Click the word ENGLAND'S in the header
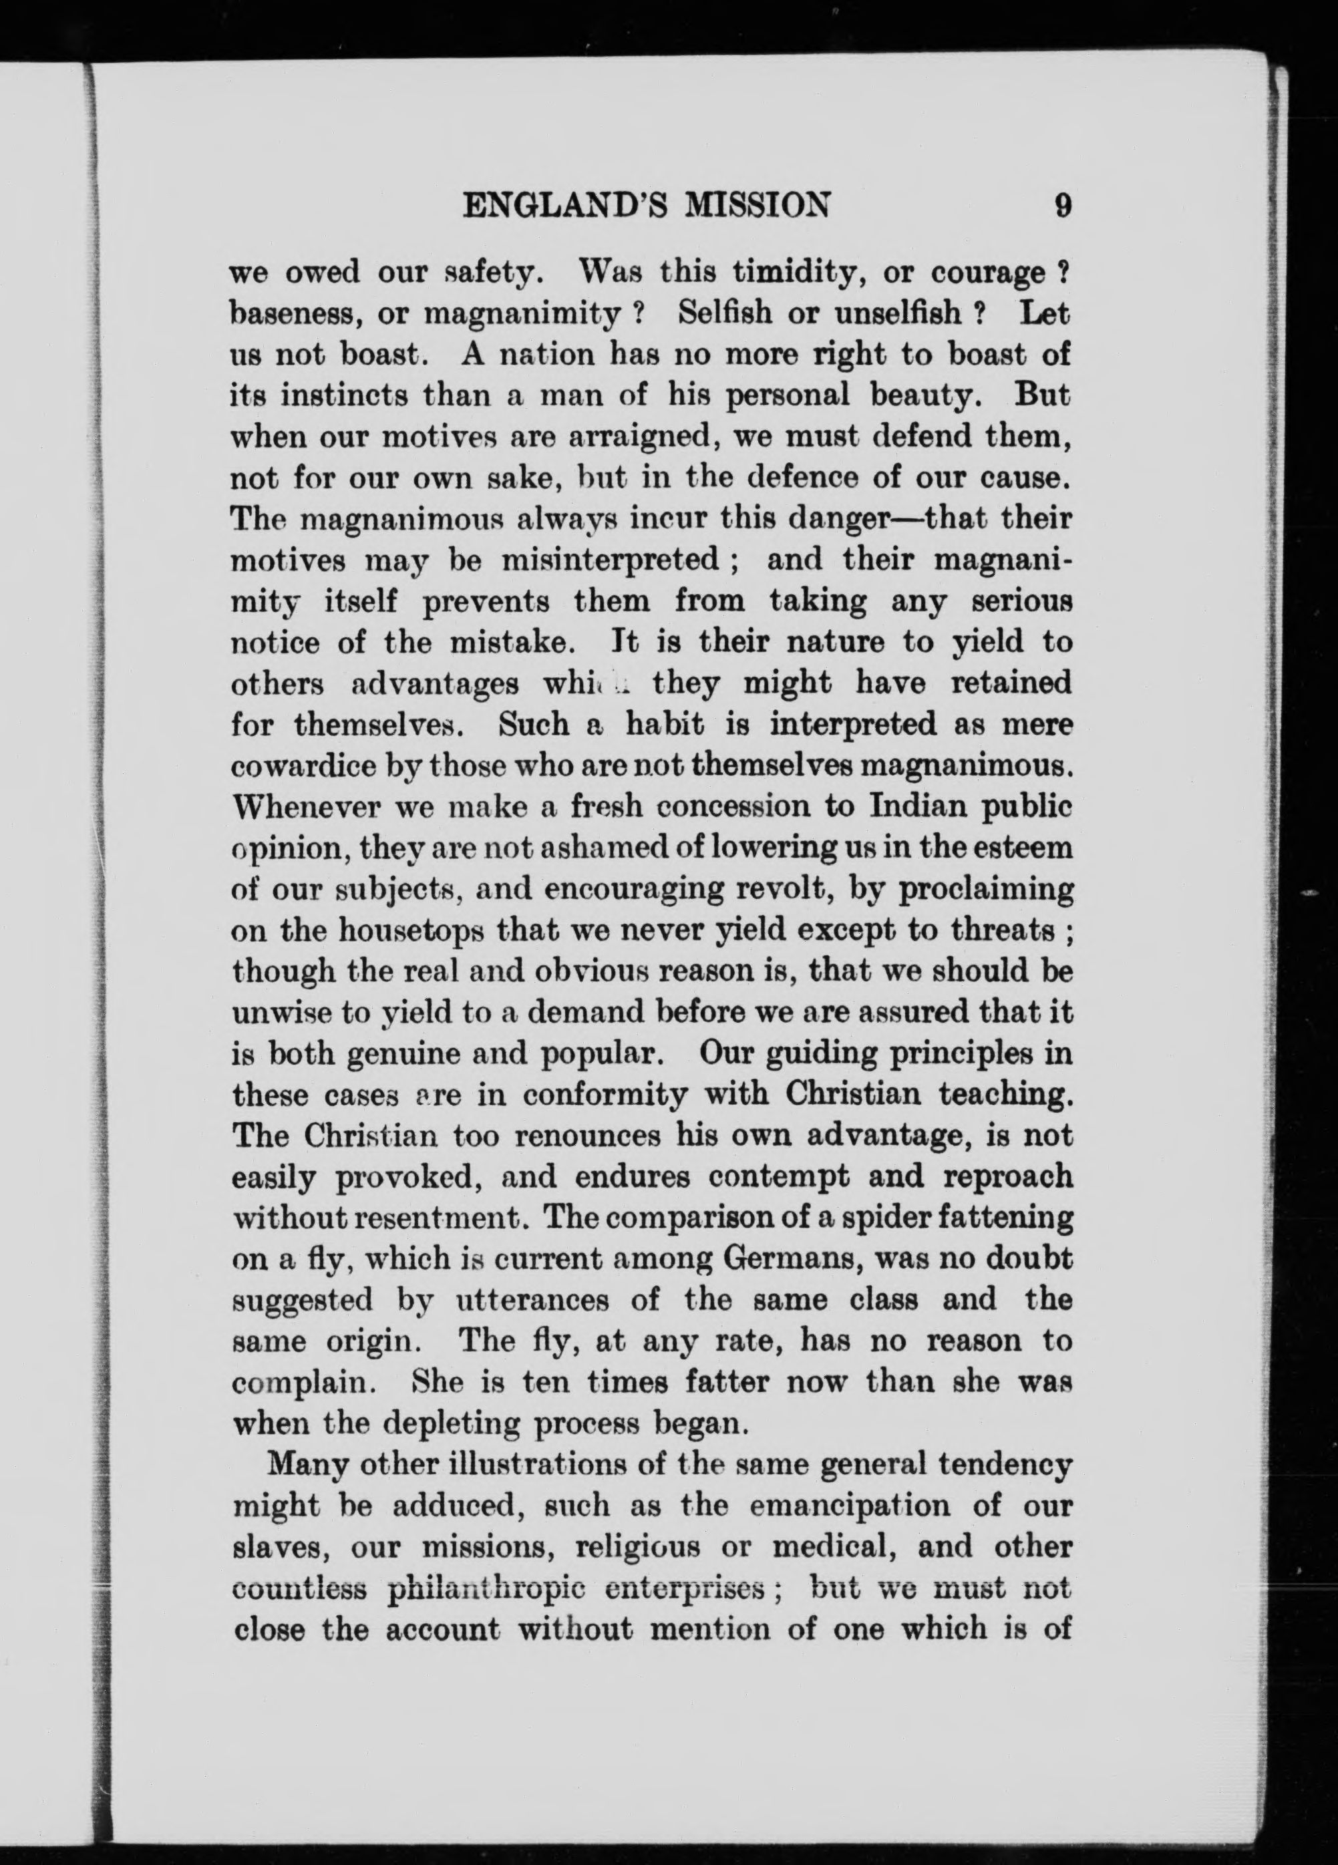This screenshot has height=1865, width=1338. tap(566, 206)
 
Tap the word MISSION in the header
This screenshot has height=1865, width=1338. tap(757, 206)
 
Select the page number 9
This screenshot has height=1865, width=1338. tap(1063, 206)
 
